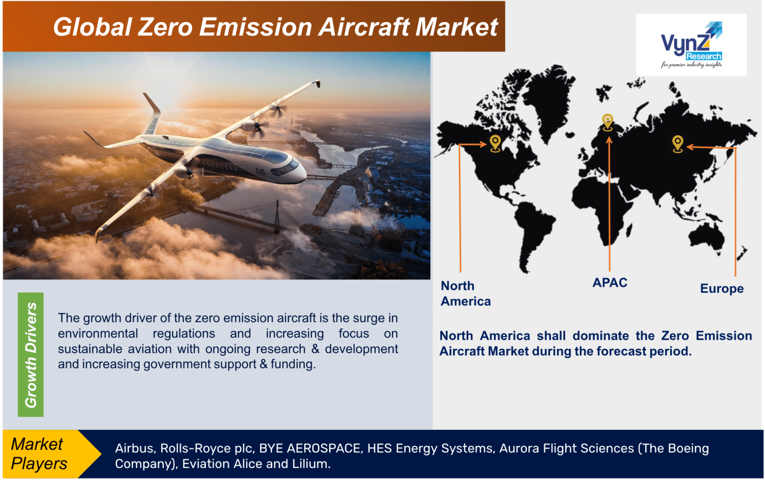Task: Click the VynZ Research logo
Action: click(691, 45)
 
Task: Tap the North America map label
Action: click(466, 293)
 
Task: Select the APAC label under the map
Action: click(610, 282)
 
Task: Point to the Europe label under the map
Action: click(721, 289)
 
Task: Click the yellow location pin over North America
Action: click(495, 143)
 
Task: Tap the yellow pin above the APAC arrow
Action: click(608, 122)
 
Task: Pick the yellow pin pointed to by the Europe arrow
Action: click(678, 144)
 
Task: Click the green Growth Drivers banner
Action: click(31, 354)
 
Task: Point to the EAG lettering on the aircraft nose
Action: click(260, 171)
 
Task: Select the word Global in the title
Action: click(92, 27)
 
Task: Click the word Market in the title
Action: click(456, 27)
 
